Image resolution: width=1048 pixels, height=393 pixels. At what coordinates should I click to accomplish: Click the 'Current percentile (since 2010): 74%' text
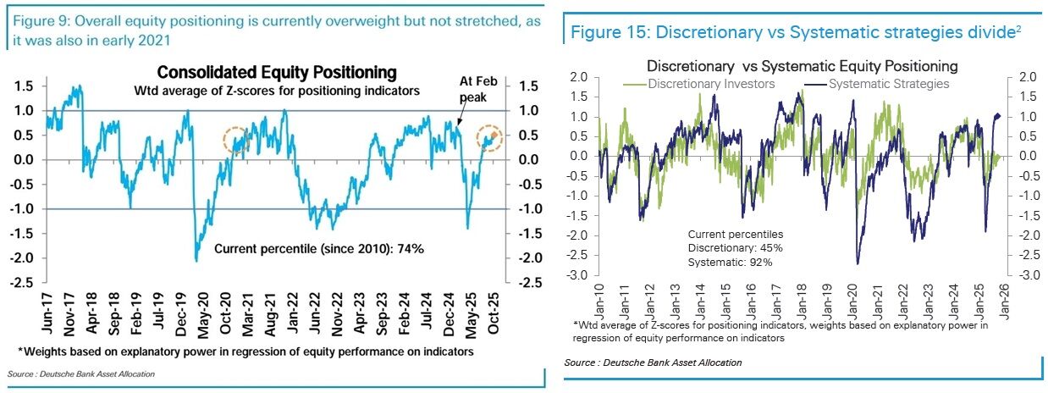click(318, 249)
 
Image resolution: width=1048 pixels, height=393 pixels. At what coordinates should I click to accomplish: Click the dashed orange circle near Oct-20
click(237, 141)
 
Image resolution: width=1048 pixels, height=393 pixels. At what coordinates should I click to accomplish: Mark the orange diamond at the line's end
click(492, 136)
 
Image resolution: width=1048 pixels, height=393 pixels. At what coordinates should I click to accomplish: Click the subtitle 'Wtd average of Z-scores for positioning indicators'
click(277, 90)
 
